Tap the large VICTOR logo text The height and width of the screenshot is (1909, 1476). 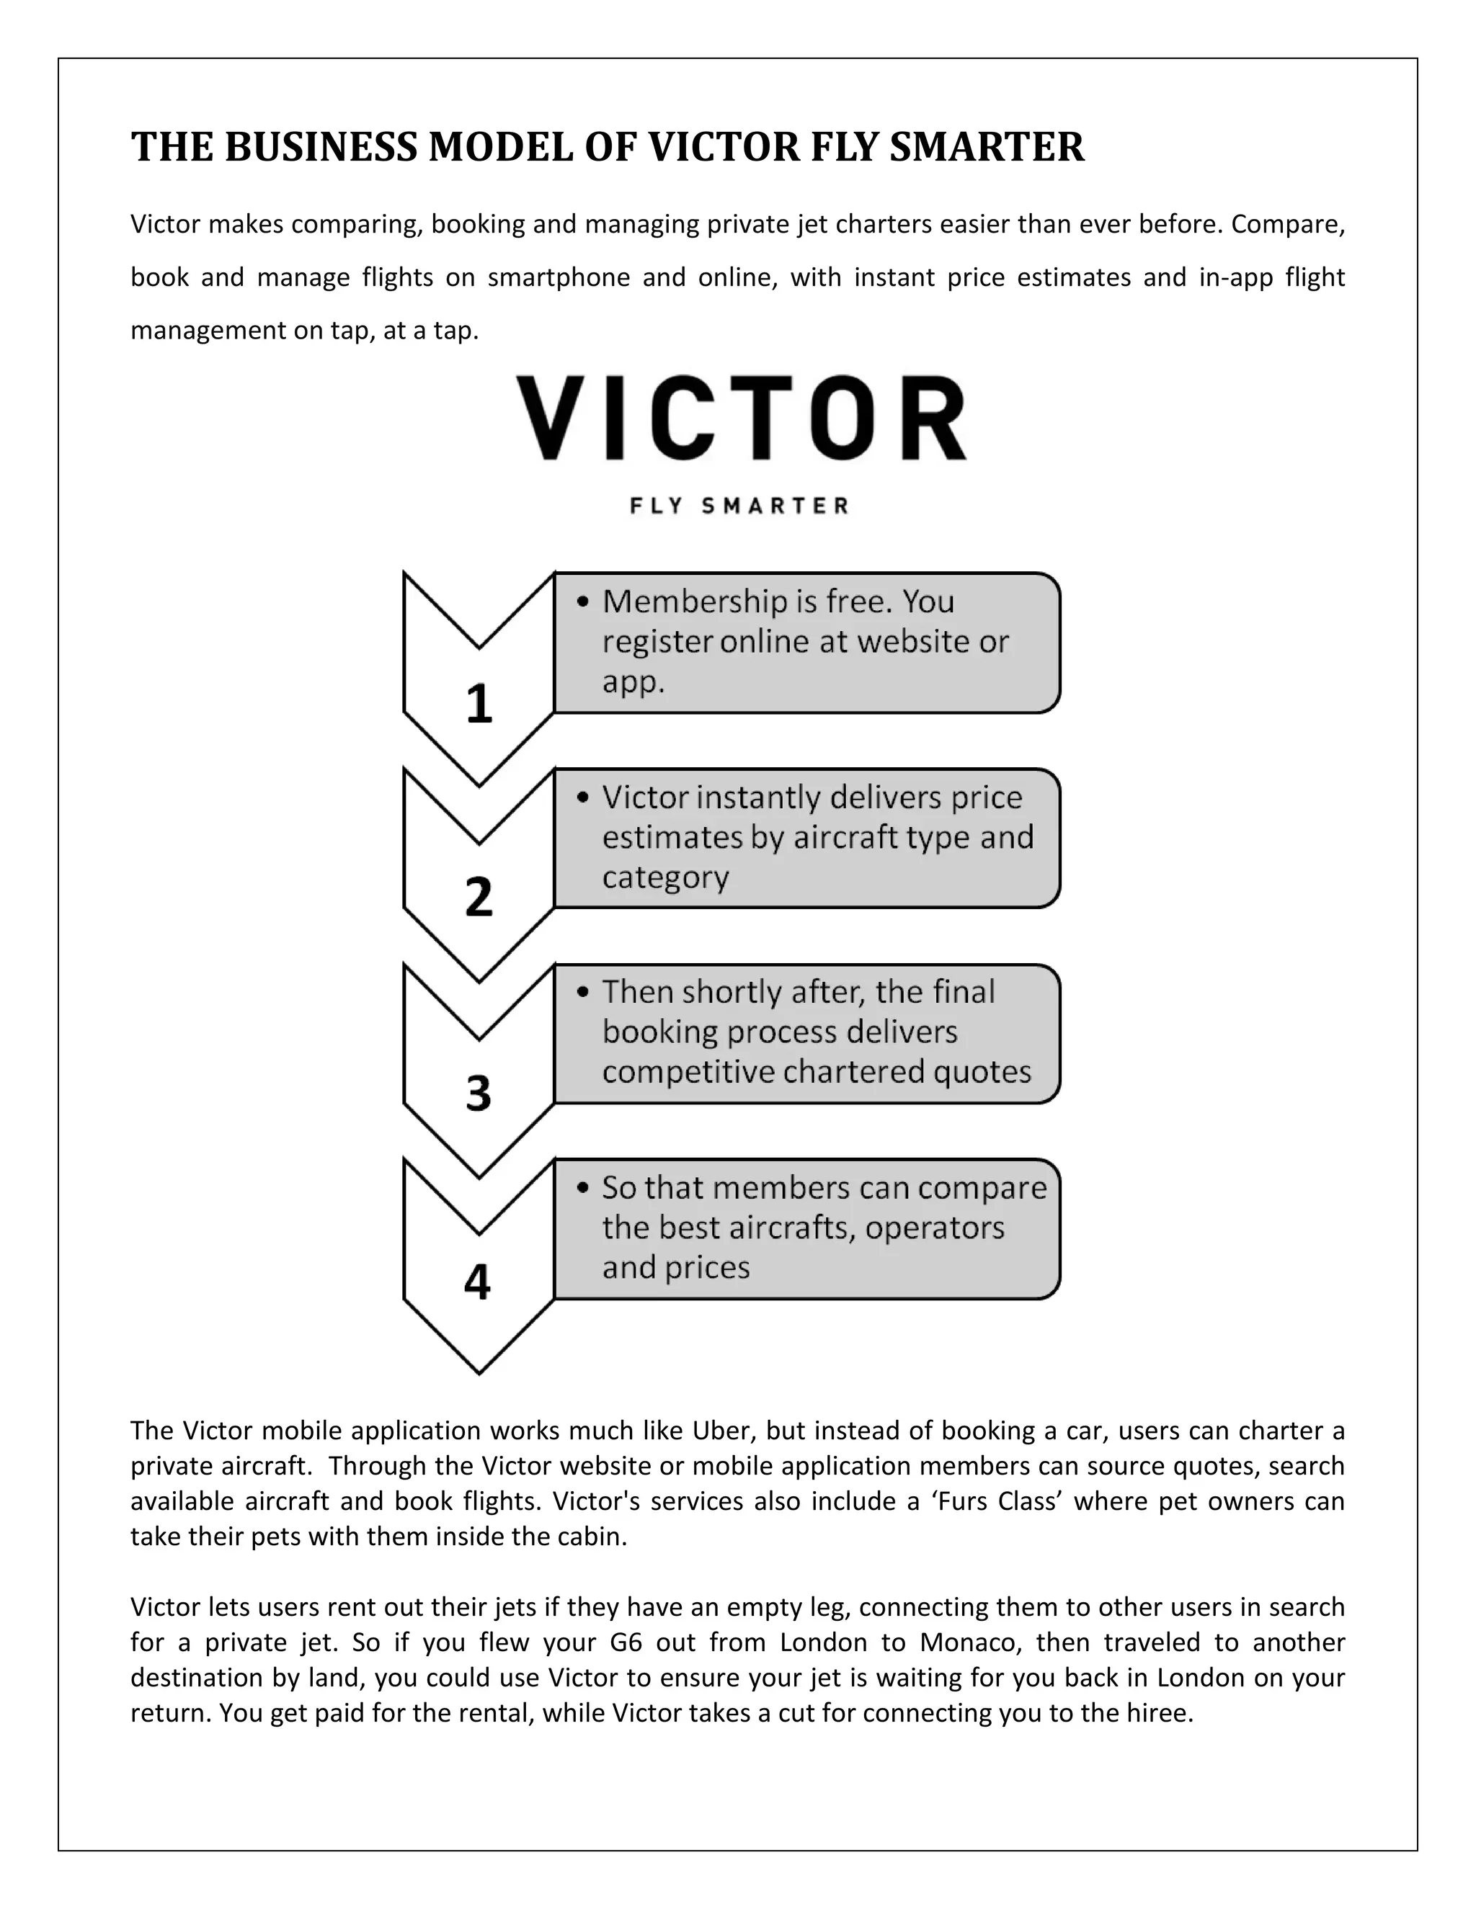click(x=742, y=419)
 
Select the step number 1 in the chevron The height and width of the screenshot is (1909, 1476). click(x=479, y=704)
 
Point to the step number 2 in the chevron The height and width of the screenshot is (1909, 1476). click(x=479, y=898)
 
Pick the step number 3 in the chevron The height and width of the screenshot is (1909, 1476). click(x=479, y=1094)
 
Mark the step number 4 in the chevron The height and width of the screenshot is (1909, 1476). click(x=477, y=1283)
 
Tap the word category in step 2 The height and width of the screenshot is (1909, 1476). click(x=665, y=877)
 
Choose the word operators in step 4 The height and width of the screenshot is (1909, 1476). click(x=935, y=1228)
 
